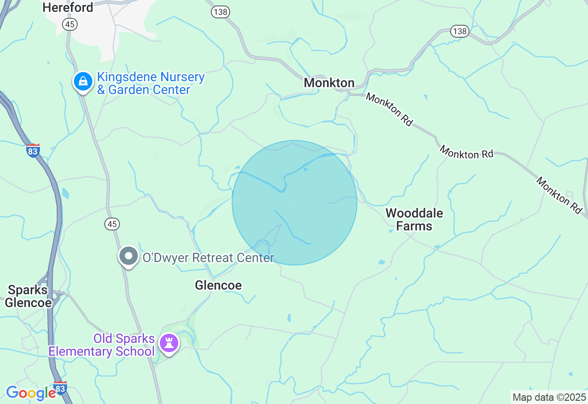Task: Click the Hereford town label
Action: pos(68,7)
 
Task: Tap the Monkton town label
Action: pos(329,83)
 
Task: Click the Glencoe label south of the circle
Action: pos(218,286)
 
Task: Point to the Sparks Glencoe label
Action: pos(28,297)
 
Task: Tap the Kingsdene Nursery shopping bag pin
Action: pos(83,82)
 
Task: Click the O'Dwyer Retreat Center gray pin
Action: pos(129,256)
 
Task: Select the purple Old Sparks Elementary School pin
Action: pos(169,342)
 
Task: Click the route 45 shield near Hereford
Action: pos(71,24)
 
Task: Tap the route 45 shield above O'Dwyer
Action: pos(112,224)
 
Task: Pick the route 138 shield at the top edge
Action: pos(220,12)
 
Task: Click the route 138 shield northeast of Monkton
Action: pos(459,31)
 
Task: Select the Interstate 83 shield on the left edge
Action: pos(33,150)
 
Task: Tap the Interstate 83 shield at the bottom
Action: pos(60,387)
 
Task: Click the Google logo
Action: pos(30,393)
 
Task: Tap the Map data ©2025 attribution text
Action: pos(549,397)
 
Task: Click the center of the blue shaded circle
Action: pos(294,202)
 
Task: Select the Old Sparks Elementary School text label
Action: pos(102,345)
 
